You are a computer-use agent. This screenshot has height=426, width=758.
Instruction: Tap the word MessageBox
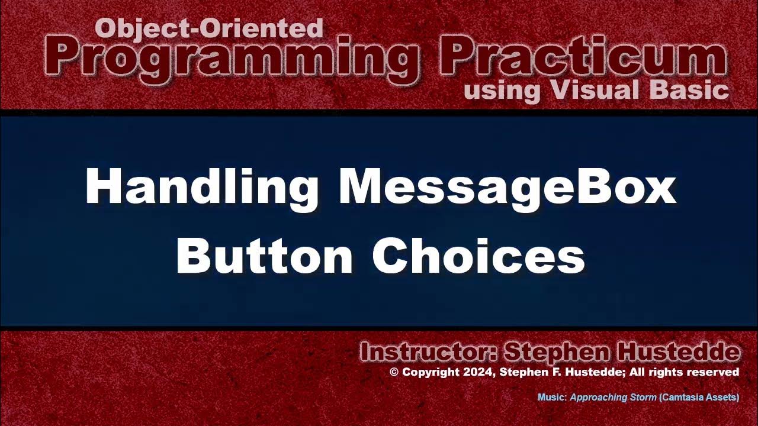click(x=507, y=187)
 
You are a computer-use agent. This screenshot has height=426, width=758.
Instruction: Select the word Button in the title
click(x=264, y=256)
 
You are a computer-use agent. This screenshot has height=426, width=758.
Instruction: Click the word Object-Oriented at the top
click(x=209, y=28)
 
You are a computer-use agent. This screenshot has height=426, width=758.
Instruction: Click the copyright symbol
click(x=394, y=372)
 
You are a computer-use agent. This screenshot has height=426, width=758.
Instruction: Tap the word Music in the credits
click(x=551, y=398)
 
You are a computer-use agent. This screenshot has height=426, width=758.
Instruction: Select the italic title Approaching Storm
click(x=613, y=398)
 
